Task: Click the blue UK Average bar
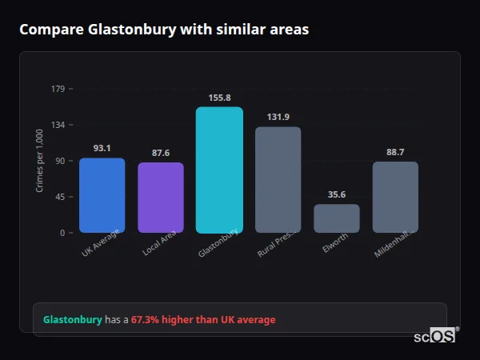tap(102, 195)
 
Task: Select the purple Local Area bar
tap(161, 198)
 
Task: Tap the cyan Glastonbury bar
tap(219, 170)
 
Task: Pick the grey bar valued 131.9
tap(278, 180)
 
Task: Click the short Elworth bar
tap(337, 218)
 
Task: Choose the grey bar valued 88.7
tap(395, 197)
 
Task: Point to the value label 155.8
tap(219, 98)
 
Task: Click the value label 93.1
tap(102, 148)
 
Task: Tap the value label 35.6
tap(337, 194)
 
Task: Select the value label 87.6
tap(161, 153)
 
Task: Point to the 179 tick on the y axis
tap(58, 89)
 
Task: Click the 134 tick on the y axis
tap(58, 125)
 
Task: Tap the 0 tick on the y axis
tap(62, 233)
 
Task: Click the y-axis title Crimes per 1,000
tap(40, 161)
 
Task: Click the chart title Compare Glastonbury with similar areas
tap(164, 30)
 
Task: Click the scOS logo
tap(435, 336)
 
